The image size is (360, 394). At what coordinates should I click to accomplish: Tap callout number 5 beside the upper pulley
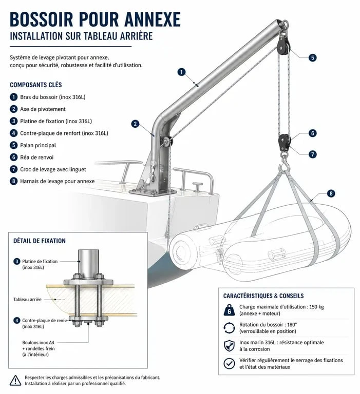click(312, 57)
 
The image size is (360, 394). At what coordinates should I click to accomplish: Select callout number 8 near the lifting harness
click(331, 193)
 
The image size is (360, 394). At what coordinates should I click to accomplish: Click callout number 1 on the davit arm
click(181, 72)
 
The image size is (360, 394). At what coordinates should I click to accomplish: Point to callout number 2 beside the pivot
click(136, 124)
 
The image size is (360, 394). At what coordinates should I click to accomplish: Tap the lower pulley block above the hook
click(285, 143)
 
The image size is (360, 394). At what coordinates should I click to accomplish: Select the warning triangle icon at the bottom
click(15, 381)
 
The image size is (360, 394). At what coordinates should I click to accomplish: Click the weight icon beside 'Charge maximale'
click(229, 310)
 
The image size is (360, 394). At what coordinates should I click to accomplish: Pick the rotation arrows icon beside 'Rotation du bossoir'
click(229, 328)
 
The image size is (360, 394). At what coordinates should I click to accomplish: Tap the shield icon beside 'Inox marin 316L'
click(229, 345)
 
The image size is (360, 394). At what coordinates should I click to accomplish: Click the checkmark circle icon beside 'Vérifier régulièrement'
click(229, 363)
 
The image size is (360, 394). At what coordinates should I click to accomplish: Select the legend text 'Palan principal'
click(38, 145)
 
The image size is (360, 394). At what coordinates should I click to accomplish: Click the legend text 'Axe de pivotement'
click(43, 109)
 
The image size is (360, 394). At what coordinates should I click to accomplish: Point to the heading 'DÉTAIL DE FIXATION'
click(40, 241)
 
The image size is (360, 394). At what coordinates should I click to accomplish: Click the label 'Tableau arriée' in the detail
click(27, 299)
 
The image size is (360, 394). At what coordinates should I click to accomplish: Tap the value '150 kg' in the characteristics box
click(316, 307)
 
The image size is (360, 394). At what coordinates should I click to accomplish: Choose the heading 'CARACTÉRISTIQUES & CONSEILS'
click(263, 295)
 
